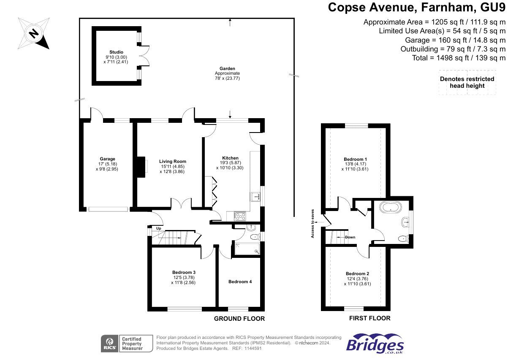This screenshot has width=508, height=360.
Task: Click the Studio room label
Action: point(116,52)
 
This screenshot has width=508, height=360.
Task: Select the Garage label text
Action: point(107,159)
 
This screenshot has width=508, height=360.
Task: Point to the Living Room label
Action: point(173,161)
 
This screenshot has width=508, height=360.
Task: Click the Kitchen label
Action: point(230,158)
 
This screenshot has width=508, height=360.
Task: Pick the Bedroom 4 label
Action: point(240,282)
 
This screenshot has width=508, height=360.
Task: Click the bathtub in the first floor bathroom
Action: point(391,207)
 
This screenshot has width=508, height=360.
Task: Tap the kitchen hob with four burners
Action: point(240,216)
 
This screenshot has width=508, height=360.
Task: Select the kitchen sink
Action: point(255,197)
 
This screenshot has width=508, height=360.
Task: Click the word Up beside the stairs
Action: point(158,228)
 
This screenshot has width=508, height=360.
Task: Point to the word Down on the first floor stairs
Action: point(350,237)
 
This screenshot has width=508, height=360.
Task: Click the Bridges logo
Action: point(375,344)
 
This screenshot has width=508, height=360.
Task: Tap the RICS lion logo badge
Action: point(110,344)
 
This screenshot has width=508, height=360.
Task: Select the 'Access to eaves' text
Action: point(312,224)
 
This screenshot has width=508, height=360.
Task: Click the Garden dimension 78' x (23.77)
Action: point(227,78)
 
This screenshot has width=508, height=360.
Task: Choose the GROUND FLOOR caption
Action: point(239,319)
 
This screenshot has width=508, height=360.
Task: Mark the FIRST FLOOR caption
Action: point(369,318)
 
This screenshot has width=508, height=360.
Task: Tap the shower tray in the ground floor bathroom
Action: point(247,249)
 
